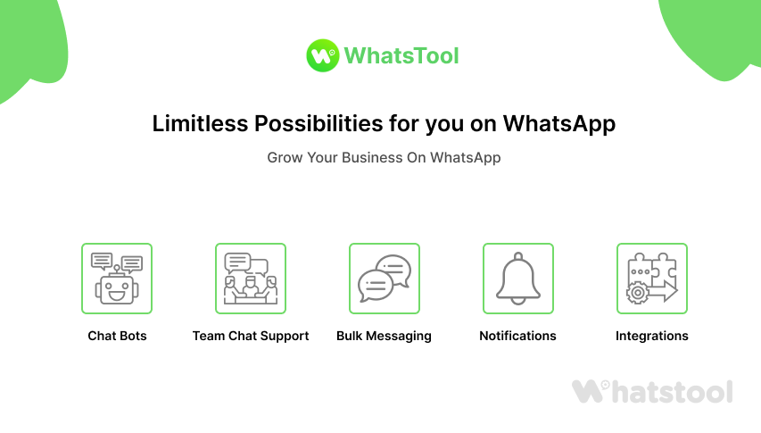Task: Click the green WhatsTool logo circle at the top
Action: coord(321,55)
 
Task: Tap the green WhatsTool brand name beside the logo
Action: coord(401,56)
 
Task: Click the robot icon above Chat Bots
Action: coord(117,279)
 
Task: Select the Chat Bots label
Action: coord(117,337)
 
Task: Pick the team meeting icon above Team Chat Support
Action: coord(251,279)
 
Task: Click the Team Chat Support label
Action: coord(251,337)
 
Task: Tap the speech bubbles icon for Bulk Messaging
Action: coord(384,279)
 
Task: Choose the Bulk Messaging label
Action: coord(384,337)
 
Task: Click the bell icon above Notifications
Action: coord(518,279)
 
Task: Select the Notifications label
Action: coord(517,337)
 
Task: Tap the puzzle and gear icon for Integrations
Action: coord(652,279)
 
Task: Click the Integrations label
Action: coord(652,337)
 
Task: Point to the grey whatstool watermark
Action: coord(652,391)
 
